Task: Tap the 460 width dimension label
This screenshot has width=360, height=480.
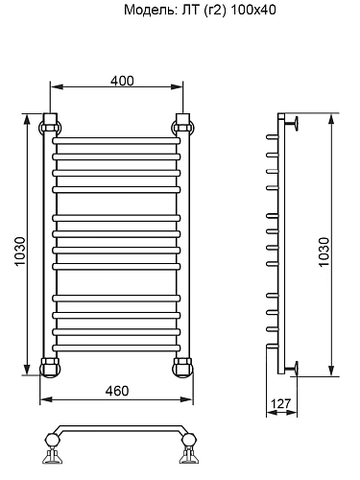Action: (x=116, y=391)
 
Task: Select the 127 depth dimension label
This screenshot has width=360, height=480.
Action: (x=281, y=404)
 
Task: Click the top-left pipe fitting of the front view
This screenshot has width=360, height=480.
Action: (x=51, y=125)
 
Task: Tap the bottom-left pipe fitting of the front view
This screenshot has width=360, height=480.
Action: (x=51, y=365)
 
